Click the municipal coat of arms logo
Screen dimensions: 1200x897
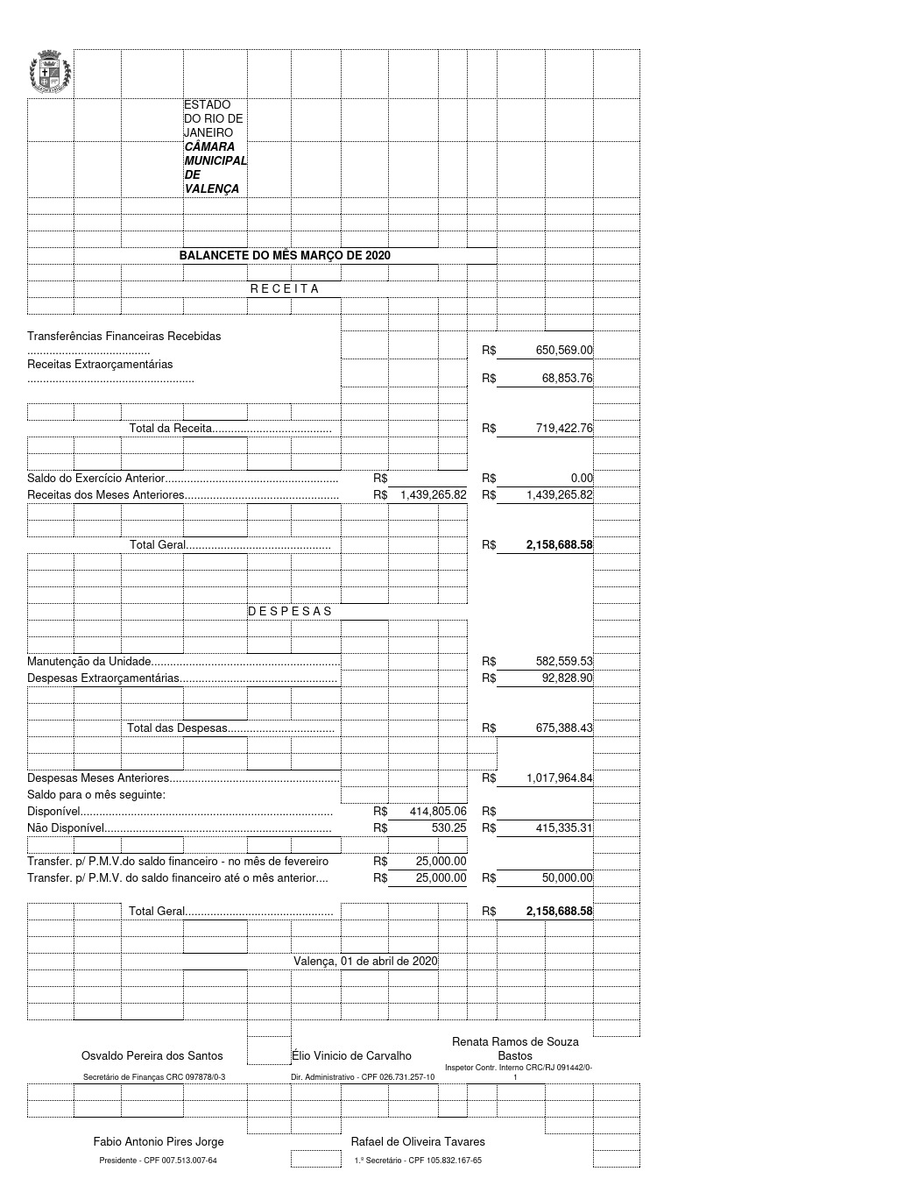click(x=50, y=74)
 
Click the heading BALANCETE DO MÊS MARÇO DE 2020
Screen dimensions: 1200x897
click(x=285, y=255)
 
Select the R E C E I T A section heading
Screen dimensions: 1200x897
click(x=285, y=288)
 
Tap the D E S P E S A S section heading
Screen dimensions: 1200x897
click(x=290, y=611)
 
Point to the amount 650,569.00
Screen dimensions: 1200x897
click(x=564, y=351)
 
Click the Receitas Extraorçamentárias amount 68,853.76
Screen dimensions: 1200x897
click(x=567, y=379)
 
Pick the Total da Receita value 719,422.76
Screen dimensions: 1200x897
click(x=564, y=429)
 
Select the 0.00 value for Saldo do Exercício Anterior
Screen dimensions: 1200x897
click(x=582, y=479)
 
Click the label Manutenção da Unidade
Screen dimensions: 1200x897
click(x=89, y=662)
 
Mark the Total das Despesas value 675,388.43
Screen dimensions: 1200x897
click(x=564, y=728)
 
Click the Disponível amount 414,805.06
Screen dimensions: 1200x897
click(x=438, y=812)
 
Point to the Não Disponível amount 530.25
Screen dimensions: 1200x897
click(x=448, y=827)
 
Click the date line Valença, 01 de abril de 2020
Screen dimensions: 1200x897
click(x=365, y=961)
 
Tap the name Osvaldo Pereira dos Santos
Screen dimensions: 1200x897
click(x=152, y=1056)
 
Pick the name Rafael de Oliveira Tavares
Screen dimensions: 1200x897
click(x=418, y=1142)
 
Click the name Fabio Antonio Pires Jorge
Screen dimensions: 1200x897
click(x=159, y=1142)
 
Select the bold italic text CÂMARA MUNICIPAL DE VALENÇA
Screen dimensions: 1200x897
click(x=215, y=167)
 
